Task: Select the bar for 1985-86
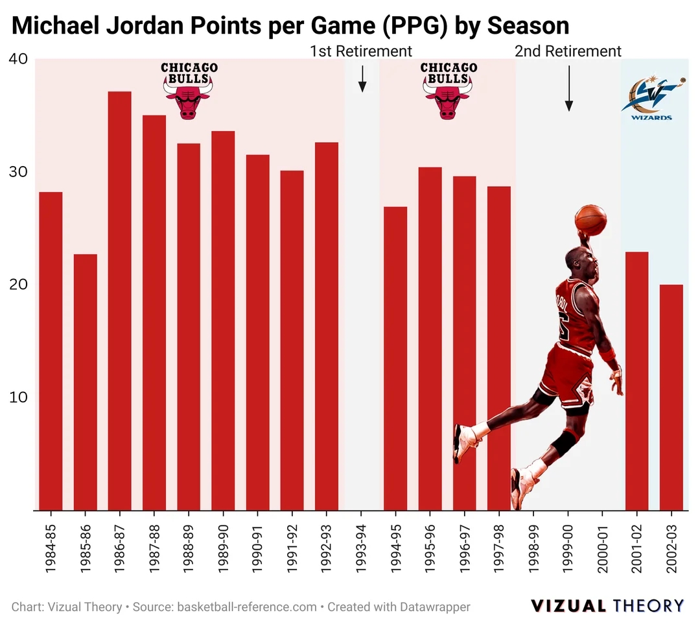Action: [x=85, y=382]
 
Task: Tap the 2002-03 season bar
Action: [x=671, y=397]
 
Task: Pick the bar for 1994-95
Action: [x=395, y=358]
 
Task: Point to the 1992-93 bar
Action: [x=327, y=326]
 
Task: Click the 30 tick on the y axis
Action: [x=17, y=172]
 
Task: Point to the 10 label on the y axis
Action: [x=17, y=397]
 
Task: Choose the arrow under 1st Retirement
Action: [x=362, y=78]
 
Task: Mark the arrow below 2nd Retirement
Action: [x=568, y=88]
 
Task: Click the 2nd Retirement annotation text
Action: [x=568, y=51]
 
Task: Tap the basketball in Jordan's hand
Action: [x=590, y=219]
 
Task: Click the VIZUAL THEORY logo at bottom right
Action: [x=607, y=606]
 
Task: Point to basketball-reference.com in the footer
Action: [x=247, y=607]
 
